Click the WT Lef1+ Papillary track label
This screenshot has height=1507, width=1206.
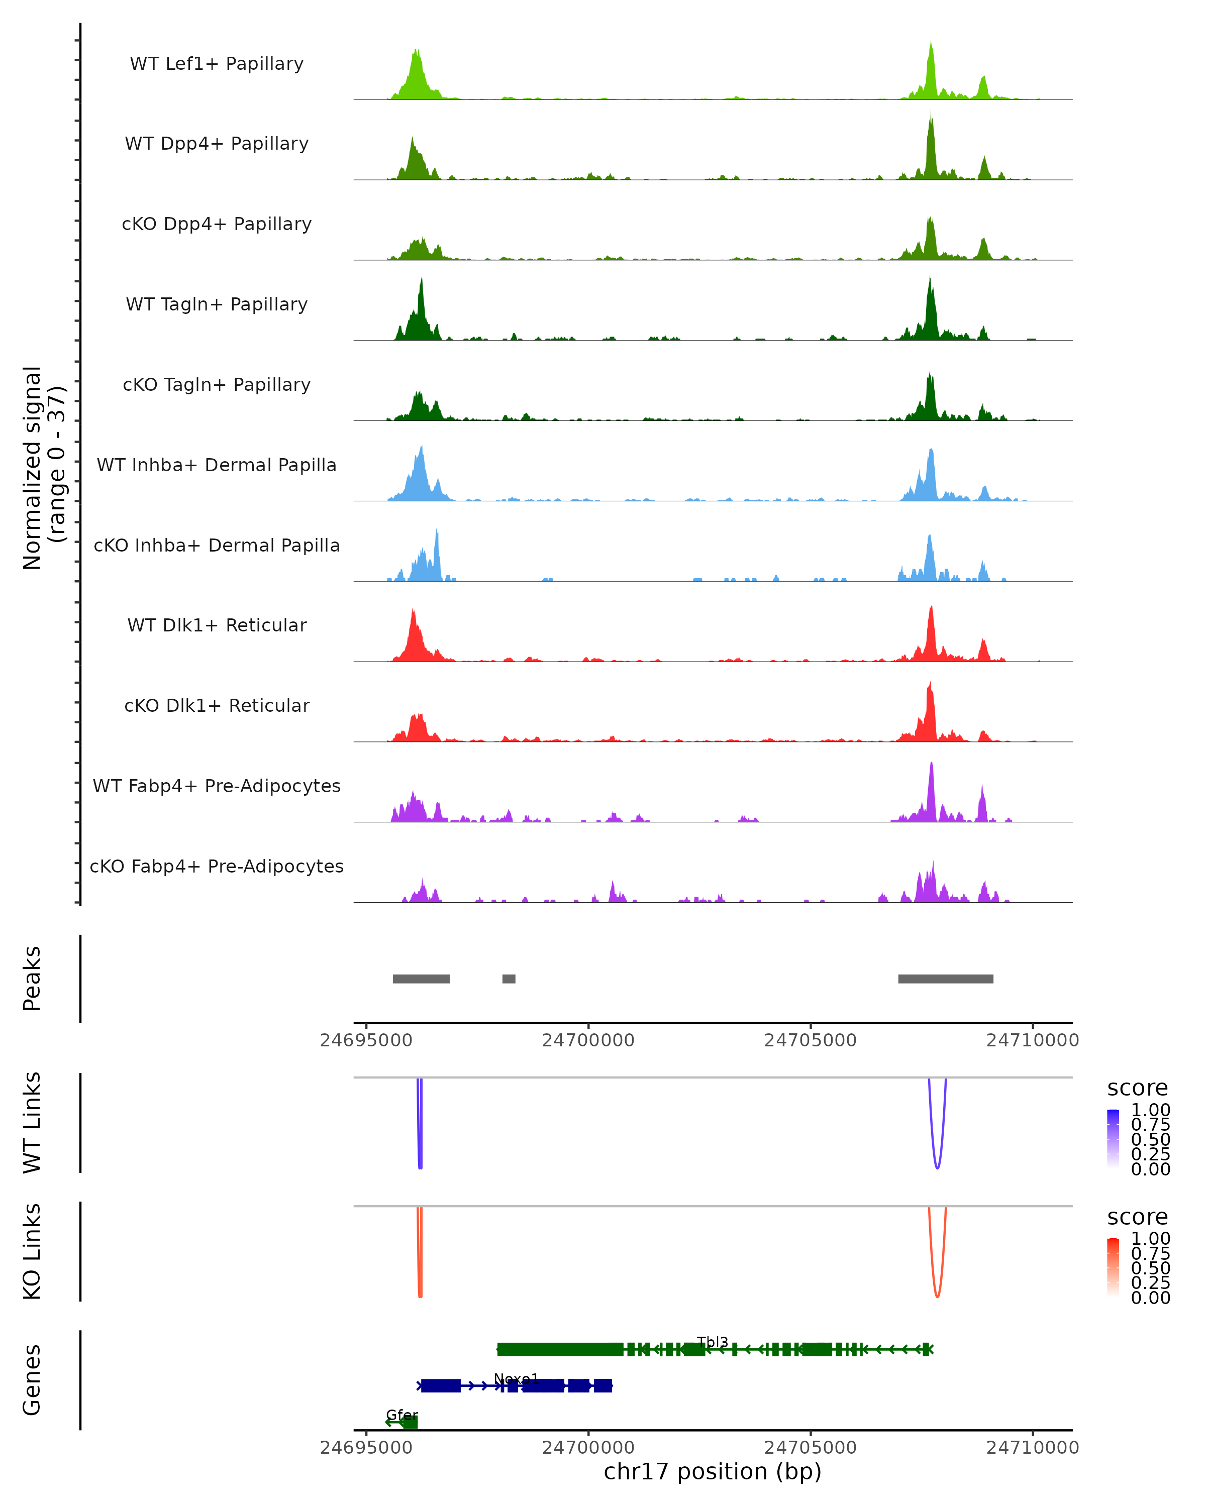point(217,64)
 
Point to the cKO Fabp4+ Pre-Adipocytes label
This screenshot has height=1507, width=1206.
point(217,866)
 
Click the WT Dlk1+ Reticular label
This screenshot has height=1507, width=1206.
point(217,625)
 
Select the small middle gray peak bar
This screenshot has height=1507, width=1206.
point(509,979)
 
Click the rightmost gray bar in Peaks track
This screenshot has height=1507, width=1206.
point(945,979)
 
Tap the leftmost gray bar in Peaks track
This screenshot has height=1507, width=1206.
point(421,979)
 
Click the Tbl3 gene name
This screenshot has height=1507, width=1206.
point(713,1341)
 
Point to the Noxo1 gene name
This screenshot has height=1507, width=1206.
point(516,1378)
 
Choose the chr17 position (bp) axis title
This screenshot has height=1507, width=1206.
point(713,1471)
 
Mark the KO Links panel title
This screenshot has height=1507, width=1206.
point(32,1251)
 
